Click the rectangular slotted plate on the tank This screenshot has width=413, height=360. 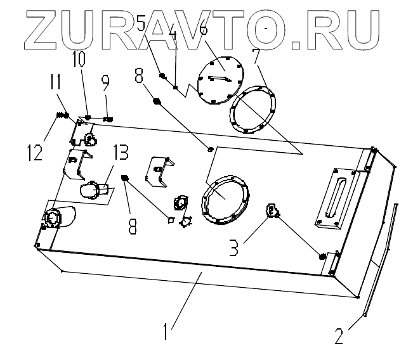pyautogui.click(x=335, y=197)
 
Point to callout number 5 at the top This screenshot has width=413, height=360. pyautogui.click(x=141, y=26)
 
